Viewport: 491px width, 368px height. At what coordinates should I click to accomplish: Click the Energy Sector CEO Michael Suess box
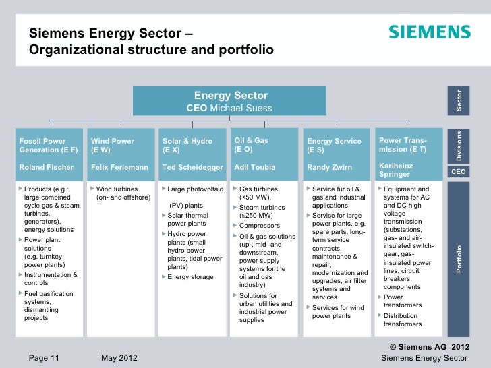click(230, 101)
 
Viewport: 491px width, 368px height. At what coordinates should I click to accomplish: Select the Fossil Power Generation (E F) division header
click(49, 146)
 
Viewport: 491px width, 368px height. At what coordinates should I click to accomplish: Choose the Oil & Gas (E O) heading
click(251, 145)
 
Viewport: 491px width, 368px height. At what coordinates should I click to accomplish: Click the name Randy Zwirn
click(328, 167)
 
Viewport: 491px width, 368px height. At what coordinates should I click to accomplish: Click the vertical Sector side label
click(459, 100)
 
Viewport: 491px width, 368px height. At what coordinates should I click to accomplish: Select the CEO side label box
click(459, 172)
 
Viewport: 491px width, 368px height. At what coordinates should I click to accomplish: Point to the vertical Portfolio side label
click(459, 259)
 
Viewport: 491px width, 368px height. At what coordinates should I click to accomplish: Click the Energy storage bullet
click(190, 277)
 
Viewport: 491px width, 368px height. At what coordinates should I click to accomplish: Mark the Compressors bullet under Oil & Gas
click(259, 226)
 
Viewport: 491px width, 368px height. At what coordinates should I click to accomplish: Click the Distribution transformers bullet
click(402, 319)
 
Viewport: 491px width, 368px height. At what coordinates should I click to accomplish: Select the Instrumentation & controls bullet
click(50, 279)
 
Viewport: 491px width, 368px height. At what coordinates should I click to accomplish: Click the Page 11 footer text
click(44, 357)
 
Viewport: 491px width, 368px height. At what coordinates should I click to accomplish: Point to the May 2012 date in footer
click(119, 357)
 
